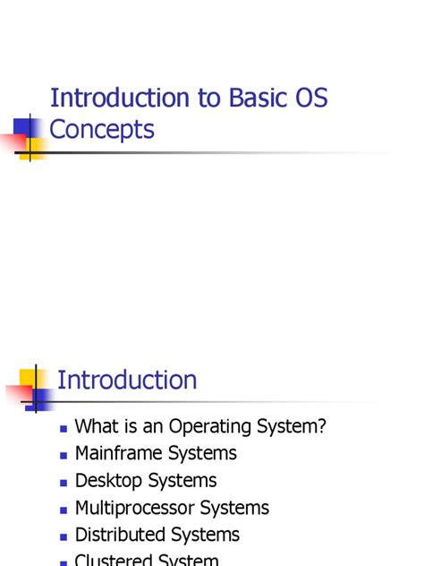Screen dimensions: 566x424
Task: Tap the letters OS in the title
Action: (310, 98)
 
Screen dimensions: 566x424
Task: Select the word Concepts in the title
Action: (102, 130)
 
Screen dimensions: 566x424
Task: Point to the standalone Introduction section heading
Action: (127, 380)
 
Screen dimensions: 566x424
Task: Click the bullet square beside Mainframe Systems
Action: (64, 456)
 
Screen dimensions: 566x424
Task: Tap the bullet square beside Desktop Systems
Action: (64, 483)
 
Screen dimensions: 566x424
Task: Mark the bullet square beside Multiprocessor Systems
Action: (64, 510)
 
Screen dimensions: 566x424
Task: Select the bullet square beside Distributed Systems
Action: (64, 536)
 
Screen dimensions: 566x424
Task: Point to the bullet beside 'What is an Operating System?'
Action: (64, 429)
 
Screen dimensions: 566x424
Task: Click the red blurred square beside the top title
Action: (16, 141)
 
